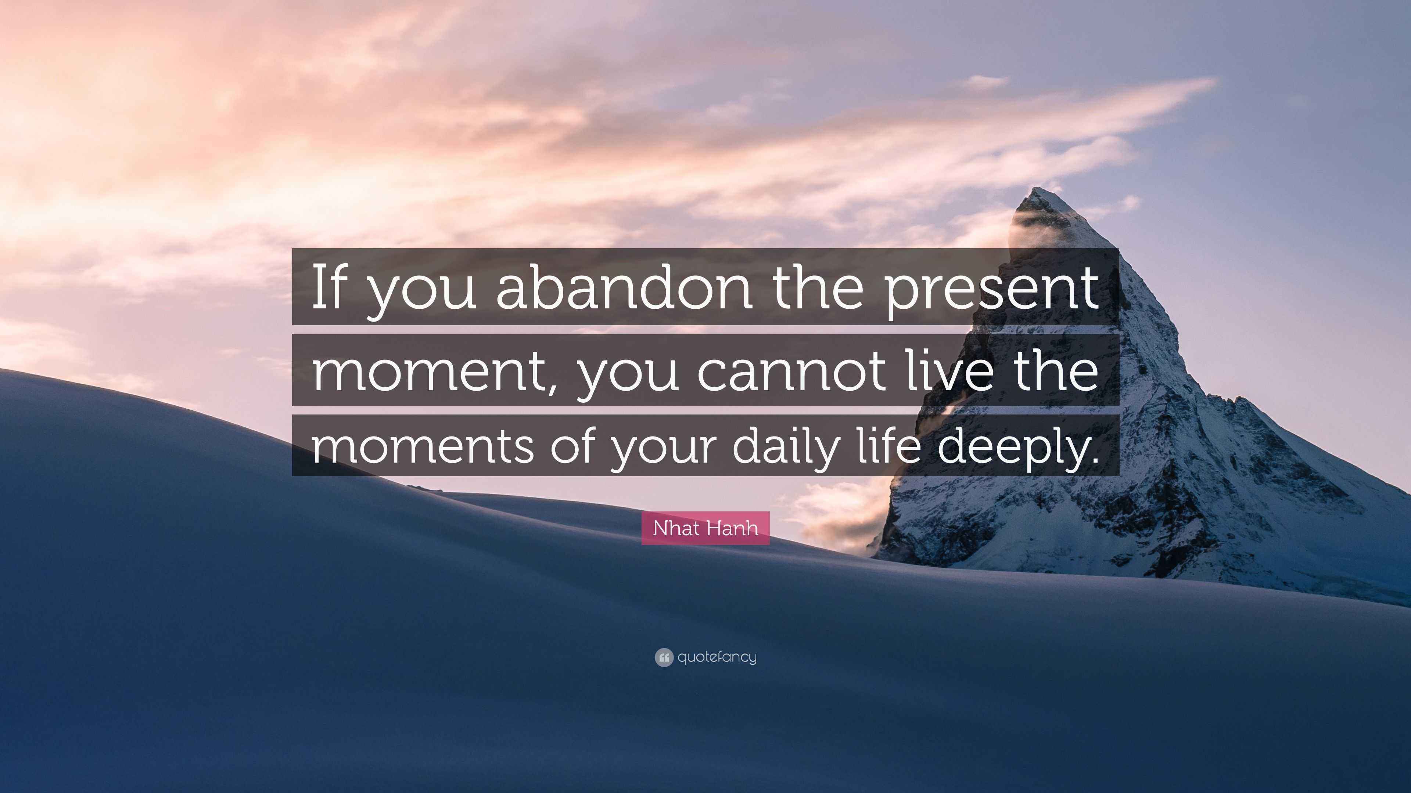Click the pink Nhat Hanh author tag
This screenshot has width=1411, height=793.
(x=705, y=528)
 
